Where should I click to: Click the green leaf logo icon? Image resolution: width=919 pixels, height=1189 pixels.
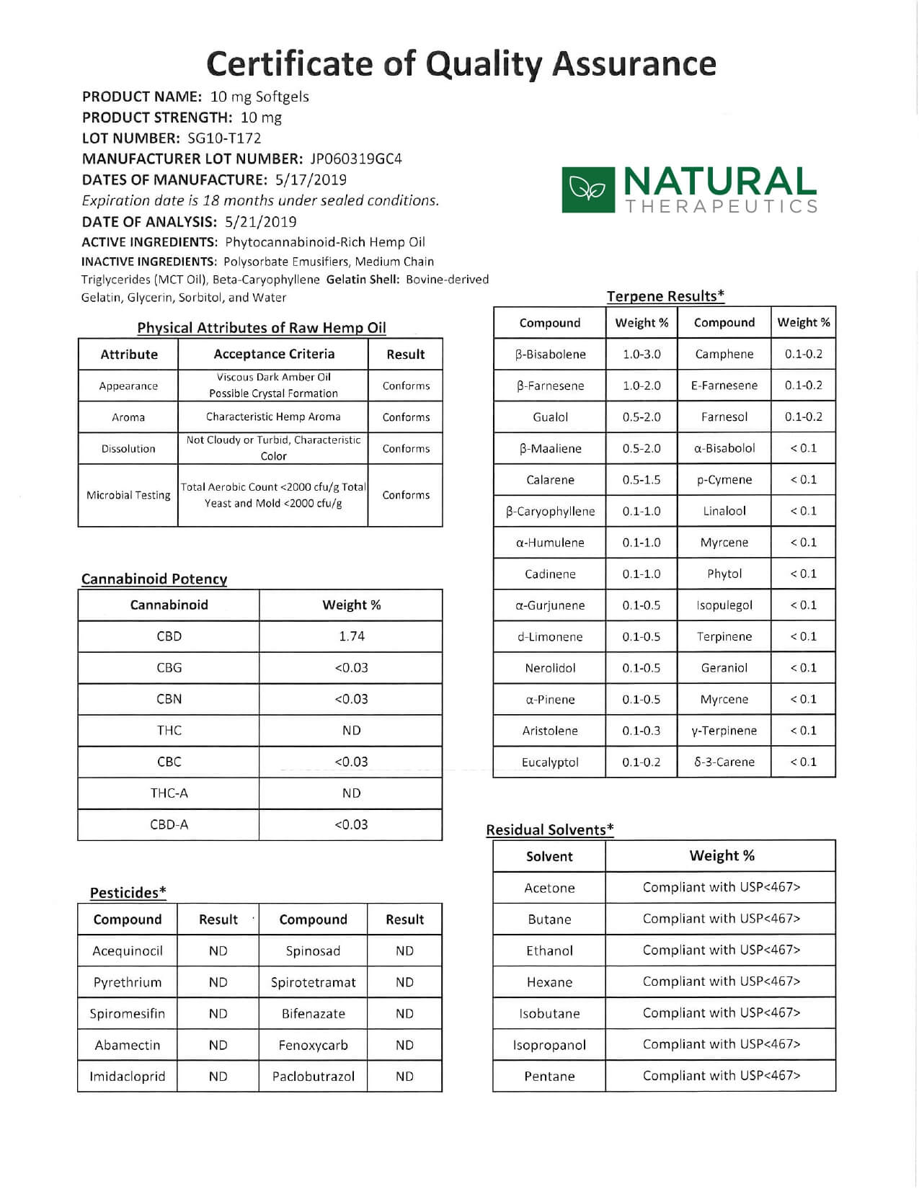588,190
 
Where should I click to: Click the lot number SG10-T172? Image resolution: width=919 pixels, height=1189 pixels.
224,138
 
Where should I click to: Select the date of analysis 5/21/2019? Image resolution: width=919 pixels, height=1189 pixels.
260,222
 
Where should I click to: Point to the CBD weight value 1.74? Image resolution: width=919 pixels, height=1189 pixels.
351,636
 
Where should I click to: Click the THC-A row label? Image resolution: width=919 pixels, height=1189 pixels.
169,793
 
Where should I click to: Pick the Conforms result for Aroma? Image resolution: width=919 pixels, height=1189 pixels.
406,417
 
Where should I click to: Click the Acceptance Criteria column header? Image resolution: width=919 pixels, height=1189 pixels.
274,354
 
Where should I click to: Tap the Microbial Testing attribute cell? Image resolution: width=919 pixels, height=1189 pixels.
128,495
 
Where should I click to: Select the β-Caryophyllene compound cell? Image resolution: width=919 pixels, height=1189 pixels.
550,512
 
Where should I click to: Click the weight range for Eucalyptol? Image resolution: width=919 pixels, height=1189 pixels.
641,762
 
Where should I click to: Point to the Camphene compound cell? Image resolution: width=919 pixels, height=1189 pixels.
724,355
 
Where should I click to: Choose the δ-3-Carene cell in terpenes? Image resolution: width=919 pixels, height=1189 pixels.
724,762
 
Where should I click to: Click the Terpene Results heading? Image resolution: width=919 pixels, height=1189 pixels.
665,296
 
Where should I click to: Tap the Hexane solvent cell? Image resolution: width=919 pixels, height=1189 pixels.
549,982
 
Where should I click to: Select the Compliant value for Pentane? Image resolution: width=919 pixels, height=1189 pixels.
721,1076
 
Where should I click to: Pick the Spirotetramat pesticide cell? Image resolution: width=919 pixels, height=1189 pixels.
313,982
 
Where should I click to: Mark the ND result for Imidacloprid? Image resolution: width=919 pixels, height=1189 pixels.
218,1077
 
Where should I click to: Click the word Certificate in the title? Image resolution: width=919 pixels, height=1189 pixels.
290,64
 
